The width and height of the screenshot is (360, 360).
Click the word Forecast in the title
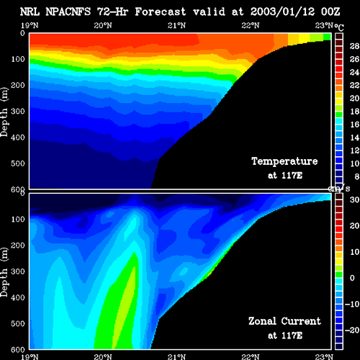pos(161,12)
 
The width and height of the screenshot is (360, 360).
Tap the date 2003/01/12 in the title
pos(282,12)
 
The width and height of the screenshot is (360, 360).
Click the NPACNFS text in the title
pos(68,12)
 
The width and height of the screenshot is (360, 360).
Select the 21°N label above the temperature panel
pos(176,25)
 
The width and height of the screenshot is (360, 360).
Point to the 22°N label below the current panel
pos(251,356)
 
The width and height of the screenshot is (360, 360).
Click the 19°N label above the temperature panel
pos(30,25)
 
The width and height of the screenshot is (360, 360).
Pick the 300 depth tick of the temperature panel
pos(18,111)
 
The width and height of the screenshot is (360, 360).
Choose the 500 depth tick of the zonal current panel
pos(18,323)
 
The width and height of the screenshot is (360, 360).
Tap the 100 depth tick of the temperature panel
pos(18,59)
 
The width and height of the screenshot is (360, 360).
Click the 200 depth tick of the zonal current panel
pos(18,246)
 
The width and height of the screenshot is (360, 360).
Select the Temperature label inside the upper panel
pos(284,161)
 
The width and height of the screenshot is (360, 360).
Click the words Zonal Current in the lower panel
pos(284,321)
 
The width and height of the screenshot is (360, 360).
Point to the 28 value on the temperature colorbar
pos(354,46)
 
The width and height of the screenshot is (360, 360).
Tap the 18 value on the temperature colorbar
pos(354,112)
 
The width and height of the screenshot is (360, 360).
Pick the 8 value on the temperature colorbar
pos(357,176)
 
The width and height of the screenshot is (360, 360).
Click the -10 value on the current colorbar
pos(352,304)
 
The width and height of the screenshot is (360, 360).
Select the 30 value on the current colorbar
pos(354,199)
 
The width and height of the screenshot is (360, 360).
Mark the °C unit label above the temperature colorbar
pos(339,27)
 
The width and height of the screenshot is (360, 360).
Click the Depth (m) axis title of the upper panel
pos(4,112)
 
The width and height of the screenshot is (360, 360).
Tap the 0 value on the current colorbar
pos(352,278)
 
